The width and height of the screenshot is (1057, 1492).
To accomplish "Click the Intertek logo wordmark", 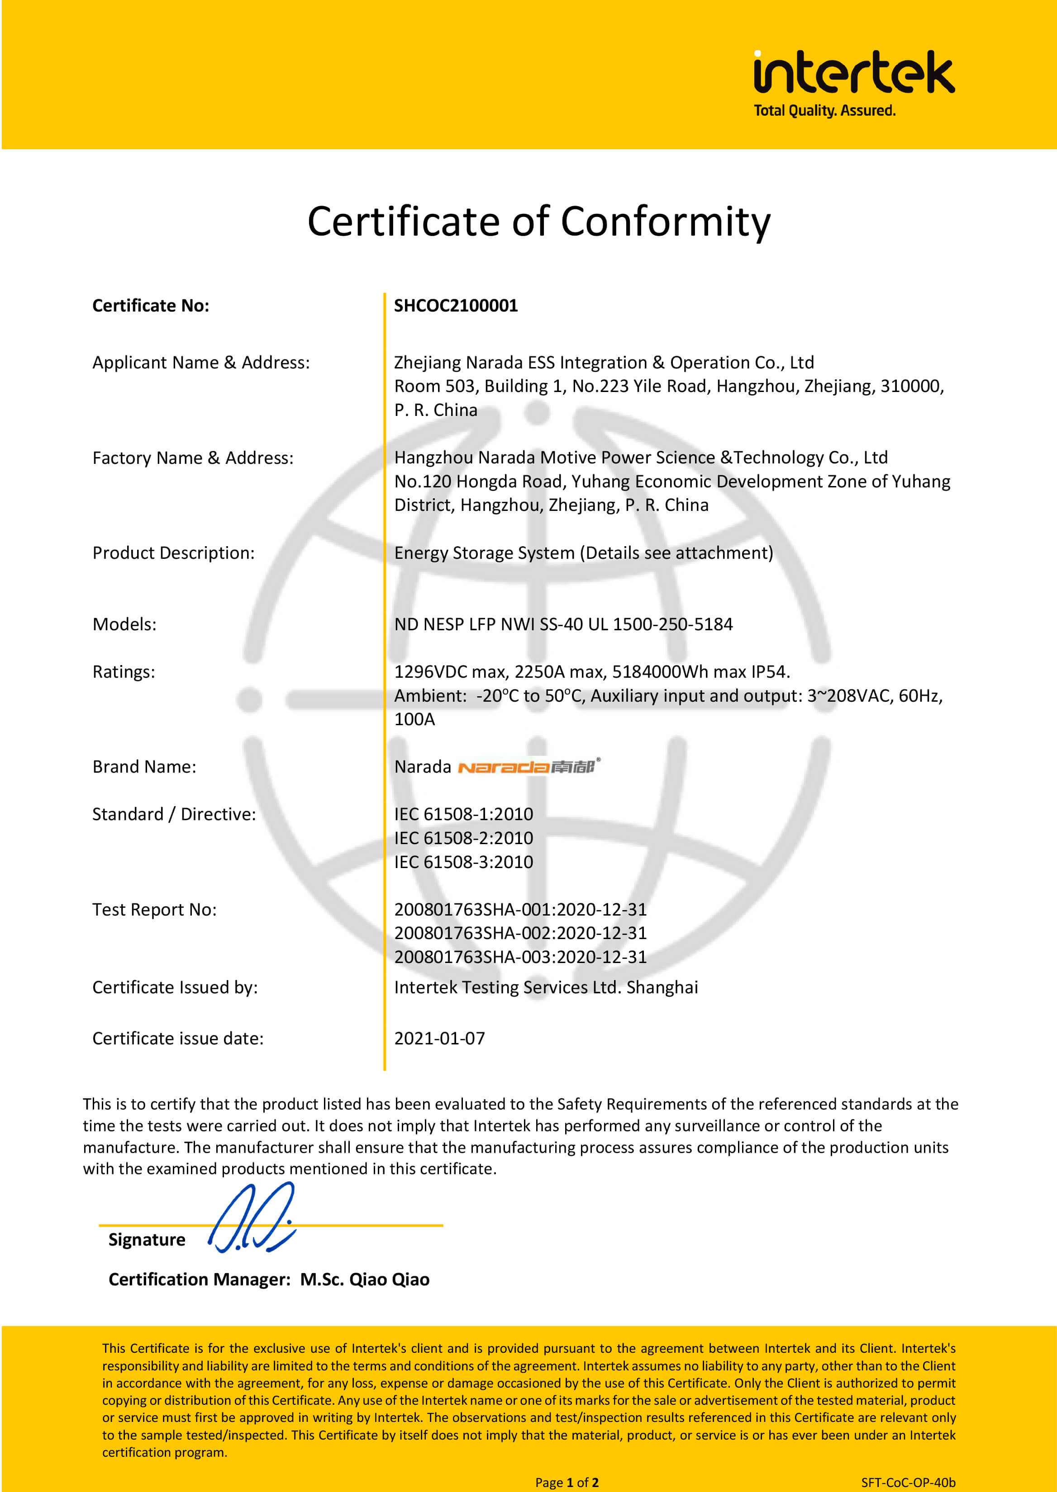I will (853, 72).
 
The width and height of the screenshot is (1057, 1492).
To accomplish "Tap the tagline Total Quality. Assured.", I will (824, 111).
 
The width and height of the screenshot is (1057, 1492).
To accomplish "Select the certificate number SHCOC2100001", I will (456, 306).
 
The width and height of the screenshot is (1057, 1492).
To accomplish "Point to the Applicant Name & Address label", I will (201, 362).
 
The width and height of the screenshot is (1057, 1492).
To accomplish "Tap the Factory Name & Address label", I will (193, 458).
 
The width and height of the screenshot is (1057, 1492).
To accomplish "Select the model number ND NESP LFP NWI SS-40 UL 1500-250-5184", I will (563, 624).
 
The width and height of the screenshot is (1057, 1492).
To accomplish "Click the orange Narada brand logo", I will (528, 767).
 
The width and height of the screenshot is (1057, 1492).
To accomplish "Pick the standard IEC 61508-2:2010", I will (463, 838).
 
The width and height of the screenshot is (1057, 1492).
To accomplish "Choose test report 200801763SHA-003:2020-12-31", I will (520, 957).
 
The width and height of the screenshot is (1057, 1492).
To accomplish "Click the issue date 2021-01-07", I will (439, 1039).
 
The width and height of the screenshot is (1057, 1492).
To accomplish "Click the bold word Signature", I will (147, 1240).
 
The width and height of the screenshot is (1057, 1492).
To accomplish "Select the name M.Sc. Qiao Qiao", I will (365, 1280).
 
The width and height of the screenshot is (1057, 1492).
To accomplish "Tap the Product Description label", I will (173, 553).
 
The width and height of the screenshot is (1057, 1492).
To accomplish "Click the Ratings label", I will (124, 672).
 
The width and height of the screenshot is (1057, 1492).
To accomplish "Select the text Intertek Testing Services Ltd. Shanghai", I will (545, 987).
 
